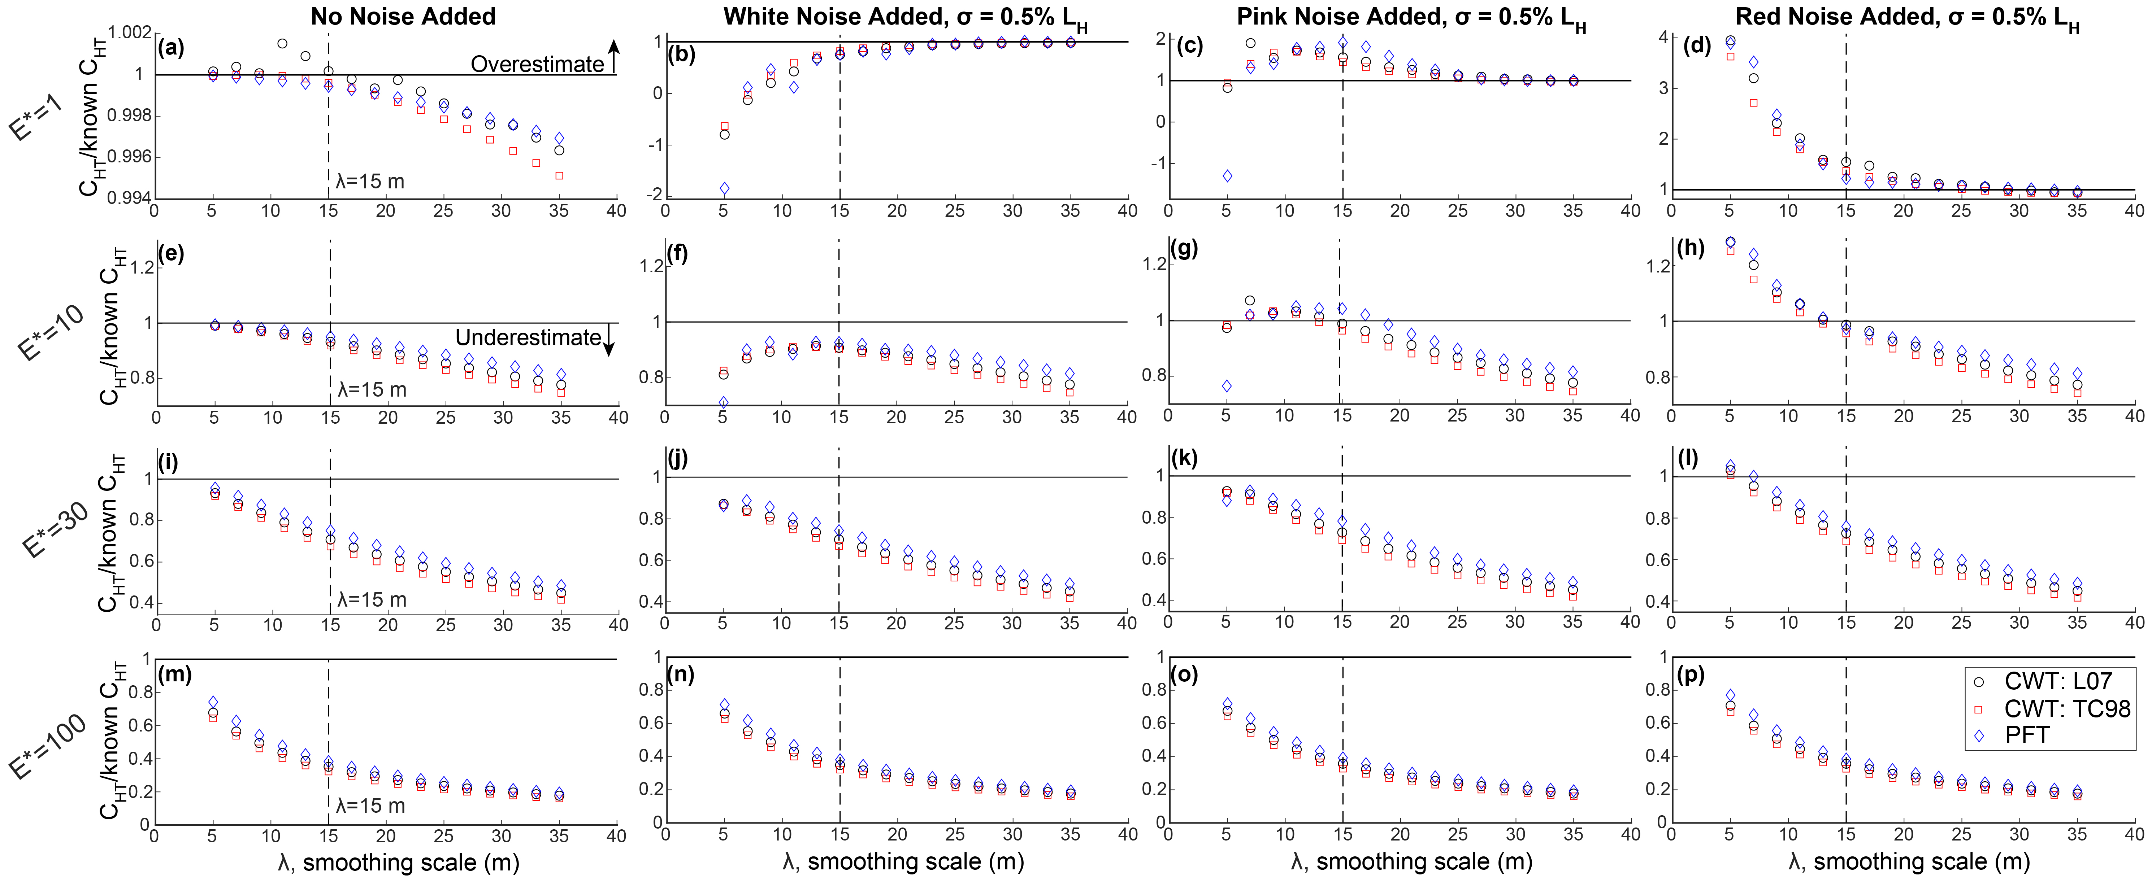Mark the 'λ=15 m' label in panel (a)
370,181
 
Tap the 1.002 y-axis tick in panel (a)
130,32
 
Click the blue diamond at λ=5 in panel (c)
1226,175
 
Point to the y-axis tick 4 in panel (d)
1663,38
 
